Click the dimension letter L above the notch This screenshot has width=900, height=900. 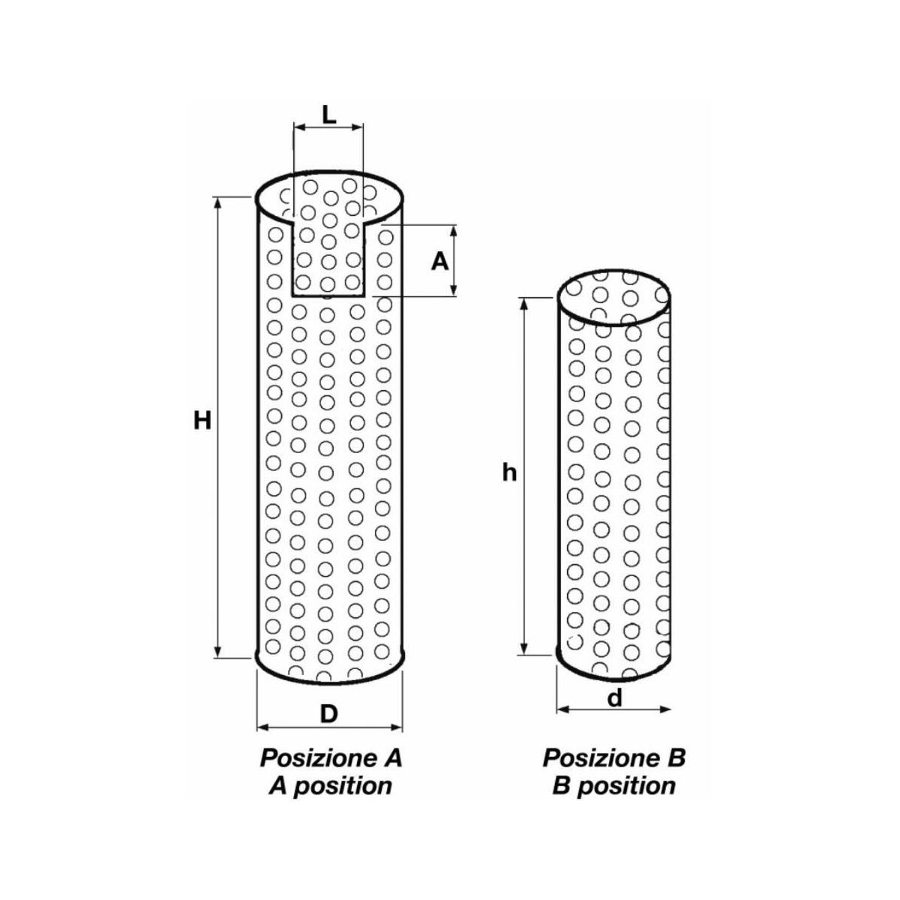click(329, 115)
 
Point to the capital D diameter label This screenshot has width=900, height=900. click(329, 714)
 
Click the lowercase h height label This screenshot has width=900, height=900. click(509, 472)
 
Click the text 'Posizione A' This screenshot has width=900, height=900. click(331, 758)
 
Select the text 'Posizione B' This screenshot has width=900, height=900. click(613, 758)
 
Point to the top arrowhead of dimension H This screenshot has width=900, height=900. click(217, 204)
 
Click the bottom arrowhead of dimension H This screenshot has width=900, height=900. click(217, 652)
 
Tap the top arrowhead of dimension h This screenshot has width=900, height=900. click(524, 304)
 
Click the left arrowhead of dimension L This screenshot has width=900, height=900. click(300, 127)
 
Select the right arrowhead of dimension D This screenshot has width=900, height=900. click(396, 727)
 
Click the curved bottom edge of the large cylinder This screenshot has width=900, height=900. click(329, 684)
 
